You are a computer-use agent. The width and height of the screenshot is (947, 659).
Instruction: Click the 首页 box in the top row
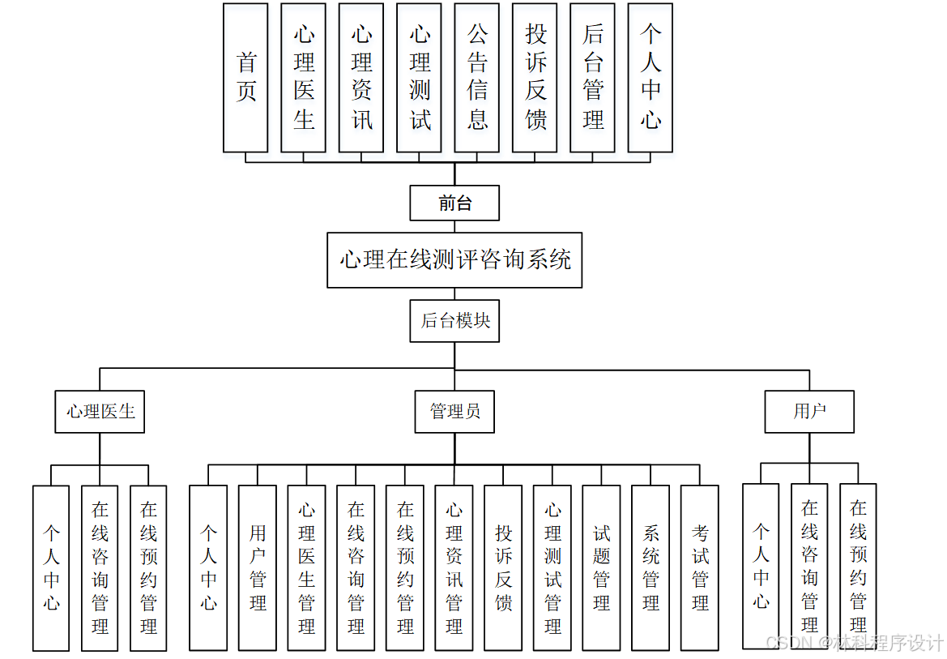(245, 78)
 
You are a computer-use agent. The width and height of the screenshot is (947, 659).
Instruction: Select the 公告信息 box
(477, 78)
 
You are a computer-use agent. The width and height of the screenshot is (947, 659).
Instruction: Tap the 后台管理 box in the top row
(592, 78)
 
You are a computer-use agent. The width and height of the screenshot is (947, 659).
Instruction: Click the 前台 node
(454, 203)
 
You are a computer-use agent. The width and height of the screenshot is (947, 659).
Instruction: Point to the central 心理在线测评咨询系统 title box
(454, 260)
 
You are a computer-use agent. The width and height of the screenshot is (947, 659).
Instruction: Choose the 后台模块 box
(454, 321)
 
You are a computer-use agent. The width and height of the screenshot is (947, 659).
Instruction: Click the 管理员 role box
(454, 412)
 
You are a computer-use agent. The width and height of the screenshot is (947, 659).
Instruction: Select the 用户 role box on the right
(809, 412)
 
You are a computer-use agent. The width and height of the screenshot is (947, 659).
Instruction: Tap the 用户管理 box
(258, 567)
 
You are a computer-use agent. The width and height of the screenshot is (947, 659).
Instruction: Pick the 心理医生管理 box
(306, 567)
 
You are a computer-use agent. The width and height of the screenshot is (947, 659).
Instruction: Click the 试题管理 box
(601, 567)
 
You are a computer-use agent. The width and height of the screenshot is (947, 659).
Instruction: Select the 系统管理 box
(651, 567)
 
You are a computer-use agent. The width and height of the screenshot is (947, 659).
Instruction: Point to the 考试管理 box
(700, 567)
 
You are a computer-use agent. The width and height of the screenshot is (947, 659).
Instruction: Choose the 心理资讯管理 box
(454, 567)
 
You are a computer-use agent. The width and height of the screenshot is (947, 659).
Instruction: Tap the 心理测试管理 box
(552, 567)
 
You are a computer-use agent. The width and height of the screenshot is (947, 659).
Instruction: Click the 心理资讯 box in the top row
(361, 78)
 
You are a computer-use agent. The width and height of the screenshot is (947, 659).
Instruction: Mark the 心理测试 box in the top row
(419, 78)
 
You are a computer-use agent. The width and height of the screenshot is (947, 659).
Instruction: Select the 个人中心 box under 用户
(761, 567)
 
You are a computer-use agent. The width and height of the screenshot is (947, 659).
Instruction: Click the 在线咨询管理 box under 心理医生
(100, 567)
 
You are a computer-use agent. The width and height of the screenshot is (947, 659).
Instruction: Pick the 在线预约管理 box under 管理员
(405, 567)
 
